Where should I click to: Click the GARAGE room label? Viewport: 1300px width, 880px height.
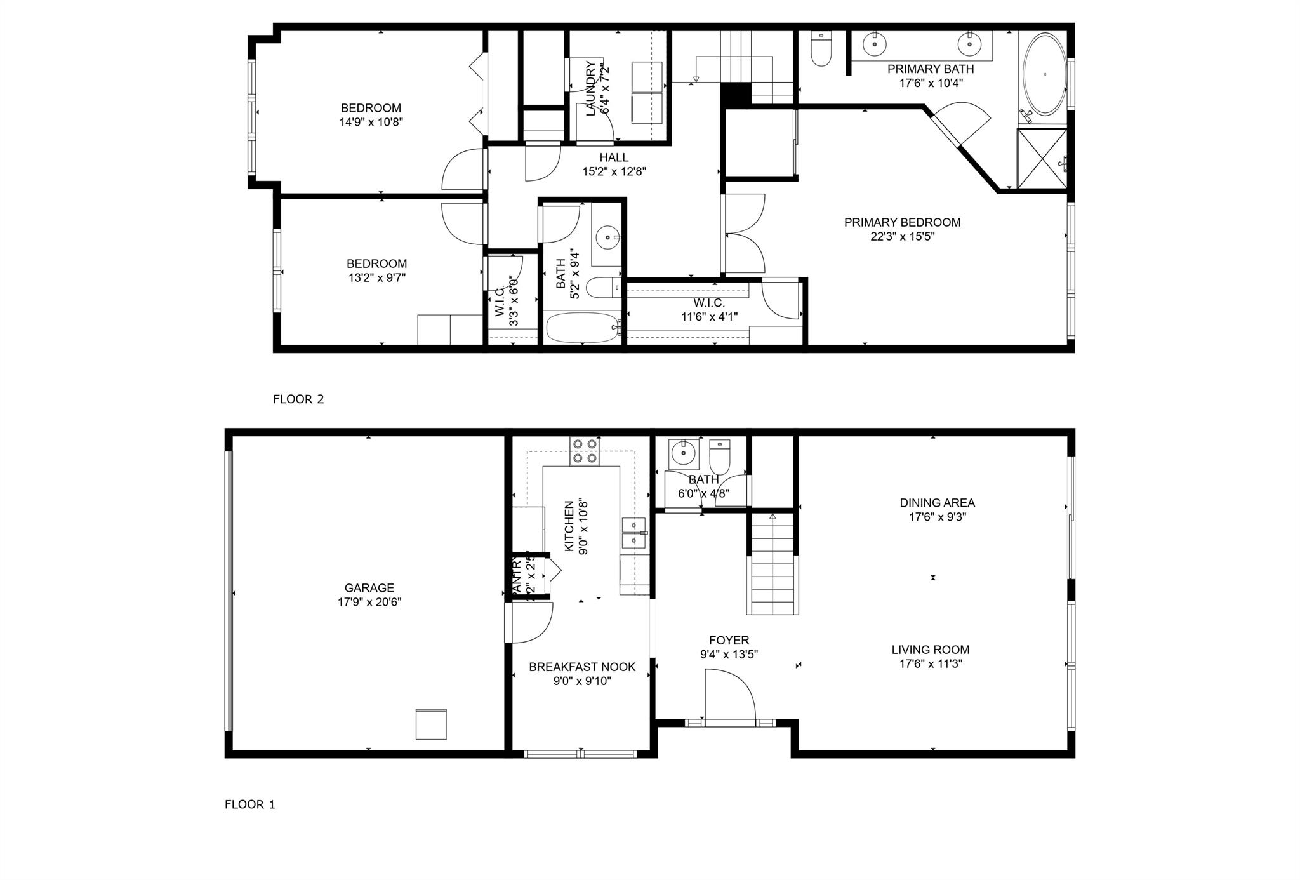[x=369, y=588]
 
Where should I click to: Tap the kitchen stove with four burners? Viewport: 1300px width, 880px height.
[x=585, y=451]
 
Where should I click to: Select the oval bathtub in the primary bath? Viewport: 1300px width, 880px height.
[x=1045, y=74]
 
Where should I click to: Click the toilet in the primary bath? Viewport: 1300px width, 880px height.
[x=821, y=49]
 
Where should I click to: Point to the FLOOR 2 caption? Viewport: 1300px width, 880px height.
[x=298, y=399]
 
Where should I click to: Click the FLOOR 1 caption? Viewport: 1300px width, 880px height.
[x=250, y=804]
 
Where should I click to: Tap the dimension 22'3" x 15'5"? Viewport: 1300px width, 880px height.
[x=902, y=237]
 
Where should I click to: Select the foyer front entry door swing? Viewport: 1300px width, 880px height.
[x=730, y=698]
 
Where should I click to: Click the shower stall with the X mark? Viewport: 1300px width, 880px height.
[x=1042, y=159]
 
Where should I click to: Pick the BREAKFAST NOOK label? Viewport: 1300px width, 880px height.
[x=582, y=667]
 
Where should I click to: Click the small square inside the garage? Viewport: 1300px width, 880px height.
[x=431, y=724]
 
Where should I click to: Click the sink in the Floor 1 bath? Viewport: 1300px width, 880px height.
[x=683, y=453]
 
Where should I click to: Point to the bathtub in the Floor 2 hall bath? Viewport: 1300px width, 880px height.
[x=583, y=327]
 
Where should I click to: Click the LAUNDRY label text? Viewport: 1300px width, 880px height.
[x=591, y=88]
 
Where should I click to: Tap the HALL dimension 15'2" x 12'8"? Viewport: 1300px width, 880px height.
[x=614, y=171]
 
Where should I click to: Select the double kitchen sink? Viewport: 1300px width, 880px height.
[x=633, y=533]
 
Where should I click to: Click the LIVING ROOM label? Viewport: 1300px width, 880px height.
[x=930, y=650]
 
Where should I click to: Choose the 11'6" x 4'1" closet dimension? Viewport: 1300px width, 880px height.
[x=709, y=316]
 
